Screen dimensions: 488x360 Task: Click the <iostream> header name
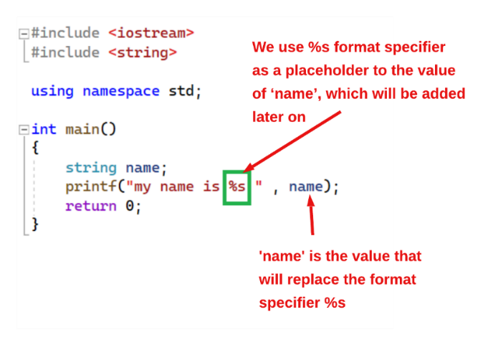[x=151, y=33]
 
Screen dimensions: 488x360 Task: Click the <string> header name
[x=143, y=52]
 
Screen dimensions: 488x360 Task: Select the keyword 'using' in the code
[x=52, y=92]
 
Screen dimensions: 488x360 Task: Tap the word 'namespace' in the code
[x=121, y=91]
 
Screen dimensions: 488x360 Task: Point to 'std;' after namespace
[x=185, y=91]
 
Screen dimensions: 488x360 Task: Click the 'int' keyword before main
[x=44, y=129]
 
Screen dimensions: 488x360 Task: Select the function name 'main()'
[x=90, y=129]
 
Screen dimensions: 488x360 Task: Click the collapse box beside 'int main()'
[x=24, y=130]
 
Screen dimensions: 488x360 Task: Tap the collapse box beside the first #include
[x=24, y=33]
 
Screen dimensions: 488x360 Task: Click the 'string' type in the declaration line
[x=91, y=168]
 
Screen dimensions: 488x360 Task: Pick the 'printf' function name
[x=90, y=187]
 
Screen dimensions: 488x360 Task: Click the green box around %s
[x=237, y=171]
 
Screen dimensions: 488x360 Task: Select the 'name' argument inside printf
[x=306, y=186]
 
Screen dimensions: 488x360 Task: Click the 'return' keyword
[x=91, y=206]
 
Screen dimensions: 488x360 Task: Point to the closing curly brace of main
[x=35, y=224]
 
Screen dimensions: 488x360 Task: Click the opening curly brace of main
[x=35, y=147]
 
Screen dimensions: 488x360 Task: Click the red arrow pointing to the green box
[x=292, y=141]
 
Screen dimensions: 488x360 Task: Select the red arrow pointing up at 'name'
[x=311, y=214]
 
